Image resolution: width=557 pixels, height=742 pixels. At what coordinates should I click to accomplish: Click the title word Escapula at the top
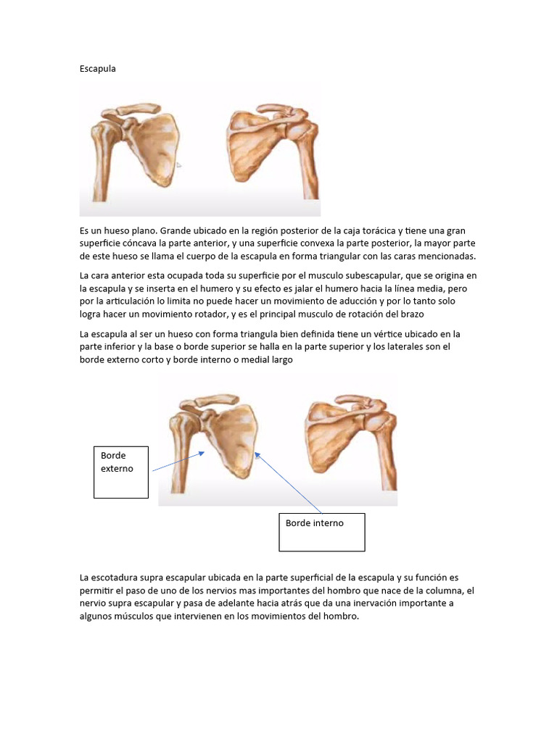[97, 69]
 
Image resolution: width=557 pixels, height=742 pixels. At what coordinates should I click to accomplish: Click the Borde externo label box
[121, 472]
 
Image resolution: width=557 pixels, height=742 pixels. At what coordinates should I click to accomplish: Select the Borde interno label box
[321, 532]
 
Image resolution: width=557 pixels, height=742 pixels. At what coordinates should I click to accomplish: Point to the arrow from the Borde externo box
[178, 462]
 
